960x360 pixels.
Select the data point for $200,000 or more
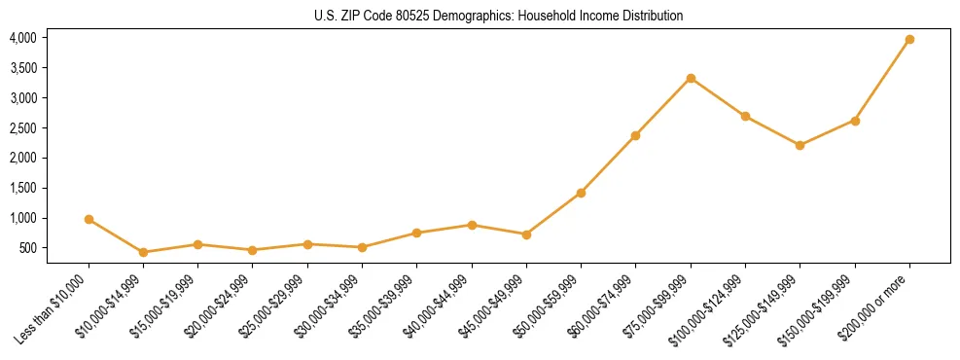point(909,40)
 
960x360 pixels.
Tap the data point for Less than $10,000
point(89,220)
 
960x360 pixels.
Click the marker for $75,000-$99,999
point(691,78)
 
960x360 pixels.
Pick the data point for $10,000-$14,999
point(143,252)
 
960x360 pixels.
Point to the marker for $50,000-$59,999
point(581,193)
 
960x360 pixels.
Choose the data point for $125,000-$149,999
point(800,145)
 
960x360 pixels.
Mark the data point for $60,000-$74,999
point(635,135)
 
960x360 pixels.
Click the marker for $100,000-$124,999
point(745,116)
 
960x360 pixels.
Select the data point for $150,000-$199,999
point(855,121)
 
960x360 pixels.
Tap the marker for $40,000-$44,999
point(472,225)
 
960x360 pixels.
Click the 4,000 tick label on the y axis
point(22,38)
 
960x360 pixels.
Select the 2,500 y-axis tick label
point(22,128)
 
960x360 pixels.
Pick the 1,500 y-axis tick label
point(22,188)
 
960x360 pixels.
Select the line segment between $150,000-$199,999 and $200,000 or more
point(882,80)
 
